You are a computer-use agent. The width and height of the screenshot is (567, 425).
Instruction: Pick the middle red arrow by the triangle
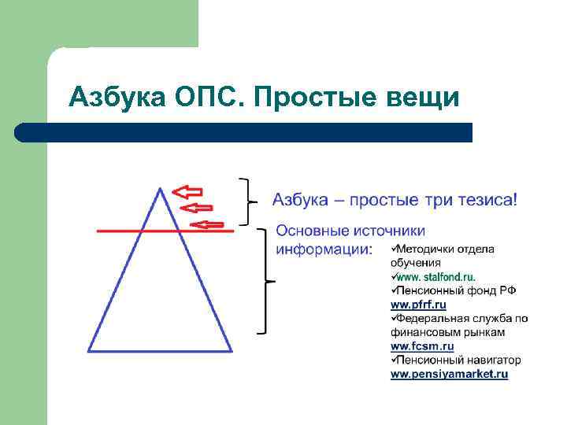click(x=197, y=208)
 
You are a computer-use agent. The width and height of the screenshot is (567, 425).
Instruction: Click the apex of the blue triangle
click(x=161, y=189)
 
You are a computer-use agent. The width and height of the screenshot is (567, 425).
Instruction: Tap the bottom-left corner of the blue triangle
click(x=89, y=350)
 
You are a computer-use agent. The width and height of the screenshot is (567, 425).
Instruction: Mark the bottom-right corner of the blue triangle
click(x=232, y=350)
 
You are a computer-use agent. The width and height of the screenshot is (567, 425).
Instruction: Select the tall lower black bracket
click(x=267, y=281)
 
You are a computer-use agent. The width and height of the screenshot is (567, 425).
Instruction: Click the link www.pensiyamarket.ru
click(x=450, y=375)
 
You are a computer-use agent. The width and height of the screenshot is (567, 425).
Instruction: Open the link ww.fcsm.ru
click(x=422, y=346)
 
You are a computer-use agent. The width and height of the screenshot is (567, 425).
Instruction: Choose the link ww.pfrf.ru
click(x=418, y=305)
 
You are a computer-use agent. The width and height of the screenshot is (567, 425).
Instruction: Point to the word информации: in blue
click(x=324, y=249)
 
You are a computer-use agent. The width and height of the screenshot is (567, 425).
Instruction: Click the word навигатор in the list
click(x=489, y=360)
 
